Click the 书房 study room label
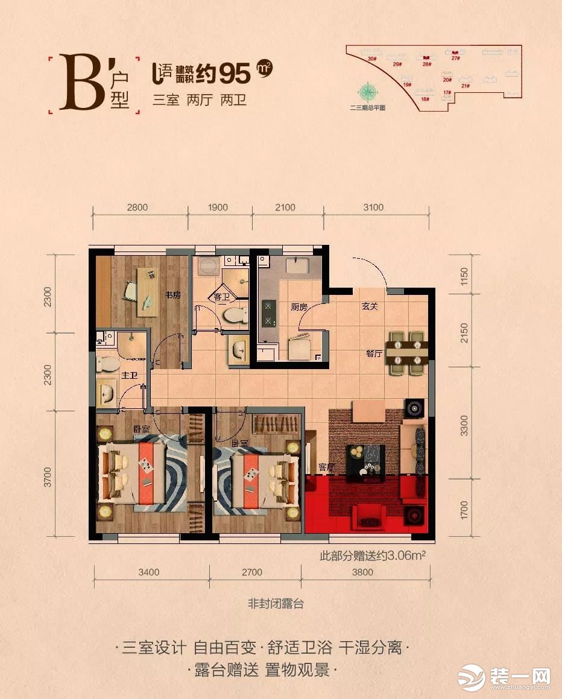pyautogui.click(x=174, y=295)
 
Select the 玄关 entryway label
pyautogui.click(x=370, y=306)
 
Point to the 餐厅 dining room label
pyautogui.click(x=374, y=354)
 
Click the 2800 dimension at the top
pyautogui.click(x=137, y=207)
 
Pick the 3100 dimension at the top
pyautogui.click(x=373, y=207)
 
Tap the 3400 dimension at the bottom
pyautogui.click(x=148, y=573)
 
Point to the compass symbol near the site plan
pyautogui.click(x=367, y=93)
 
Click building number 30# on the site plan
pyautogui.click(x=371, y=59)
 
